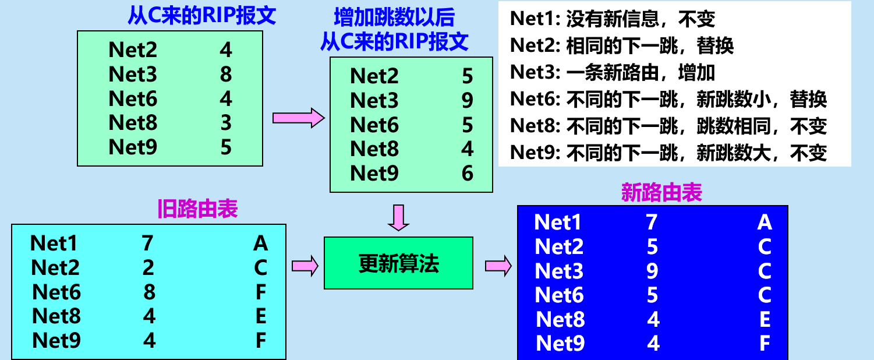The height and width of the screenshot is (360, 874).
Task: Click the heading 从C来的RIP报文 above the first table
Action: (x=201, y=15)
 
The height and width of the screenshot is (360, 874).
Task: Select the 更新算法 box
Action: (x=398, y=263)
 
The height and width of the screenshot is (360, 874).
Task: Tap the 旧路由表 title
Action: (x=197, y=209)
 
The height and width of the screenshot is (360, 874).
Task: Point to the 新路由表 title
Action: (x=661, y=193)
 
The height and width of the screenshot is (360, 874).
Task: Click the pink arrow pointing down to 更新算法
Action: (x=399, y=217)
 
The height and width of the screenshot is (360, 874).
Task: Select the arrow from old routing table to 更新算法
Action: (x=305, y=266)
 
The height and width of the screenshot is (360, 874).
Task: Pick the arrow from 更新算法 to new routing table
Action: (x=498, y=266)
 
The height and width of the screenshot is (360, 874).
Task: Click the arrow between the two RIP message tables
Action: (x=298, y=118)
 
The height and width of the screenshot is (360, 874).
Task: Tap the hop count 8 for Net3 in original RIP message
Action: (x=226, y=75)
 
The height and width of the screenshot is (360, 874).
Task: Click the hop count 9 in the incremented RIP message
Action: (x=467, y=101)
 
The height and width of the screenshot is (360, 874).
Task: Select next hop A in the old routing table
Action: (x=260, y=243)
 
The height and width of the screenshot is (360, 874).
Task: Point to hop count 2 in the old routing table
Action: (x=148, y=267)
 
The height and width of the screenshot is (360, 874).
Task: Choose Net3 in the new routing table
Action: (x=559, y=271)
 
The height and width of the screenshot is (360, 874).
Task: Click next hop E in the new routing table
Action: (x=765, y=319)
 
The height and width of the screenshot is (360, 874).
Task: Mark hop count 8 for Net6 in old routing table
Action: (x=149, y=292)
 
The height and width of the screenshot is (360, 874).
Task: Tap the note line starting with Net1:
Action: (x=612, y=19)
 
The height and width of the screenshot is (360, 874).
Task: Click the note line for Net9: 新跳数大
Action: (x=668, y=153)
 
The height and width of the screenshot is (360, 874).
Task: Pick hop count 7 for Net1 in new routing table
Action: (x=652, y=222)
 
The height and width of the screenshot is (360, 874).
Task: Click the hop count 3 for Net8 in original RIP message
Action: (x=226, y=123)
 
